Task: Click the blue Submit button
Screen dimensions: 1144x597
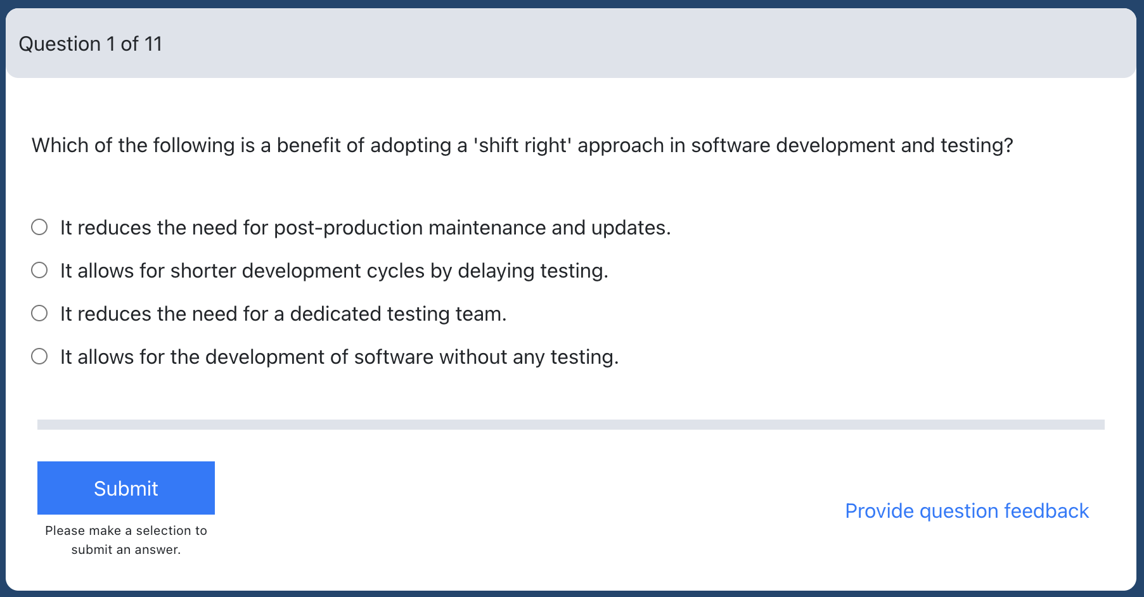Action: coord(126,488)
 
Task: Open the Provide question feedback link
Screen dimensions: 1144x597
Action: coord(967,511)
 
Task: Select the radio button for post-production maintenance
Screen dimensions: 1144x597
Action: coord(39,227)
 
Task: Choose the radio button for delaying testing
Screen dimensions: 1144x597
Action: coord(39,270)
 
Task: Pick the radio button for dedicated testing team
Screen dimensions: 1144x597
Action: coord(39,313)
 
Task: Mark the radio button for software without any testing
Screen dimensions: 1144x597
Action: coord(39,356)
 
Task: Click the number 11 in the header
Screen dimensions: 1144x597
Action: coord(153,44)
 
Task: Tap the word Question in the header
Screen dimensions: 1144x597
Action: coord(60,44)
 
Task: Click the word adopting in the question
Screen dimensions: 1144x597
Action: coord(411,146)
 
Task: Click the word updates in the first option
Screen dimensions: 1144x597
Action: coord(630,228)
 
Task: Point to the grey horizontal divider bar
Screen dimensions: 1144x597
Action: coord(571,425)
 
